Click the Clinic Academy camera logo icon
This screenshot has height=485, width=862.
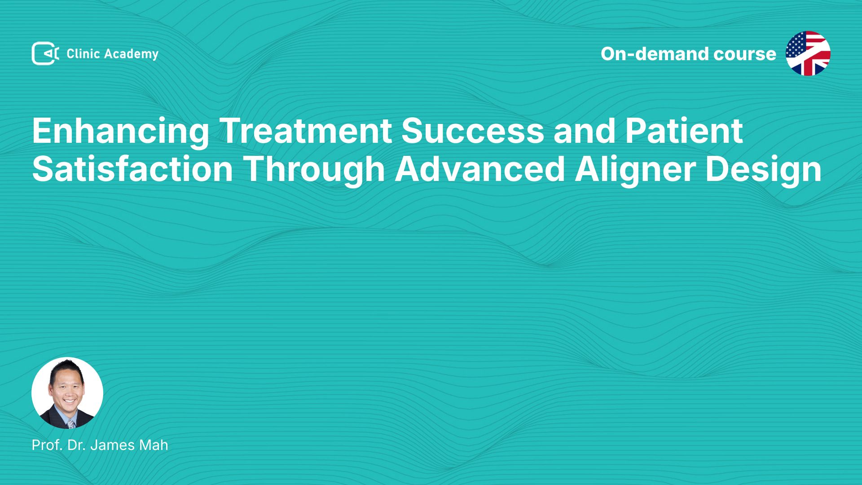point(45,53)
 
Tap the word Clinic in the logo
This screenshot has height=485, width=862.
point(83,54)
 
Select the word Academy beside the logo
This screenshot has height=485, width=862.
point(132,54)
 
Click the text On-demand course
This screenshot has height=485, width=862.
point(688,54)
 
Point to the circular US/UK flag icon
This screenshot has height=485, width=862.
point(808,53)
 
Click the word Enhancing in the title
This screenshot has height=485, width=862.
point(120,131)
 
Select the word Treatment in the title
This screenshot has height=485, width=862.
point(306,131)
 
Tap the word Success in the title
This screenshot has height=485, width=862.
point(473,131)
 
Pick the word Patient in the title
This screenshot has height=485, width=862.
point(684,131)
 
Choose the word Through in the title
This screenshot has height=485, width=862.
point(314,170)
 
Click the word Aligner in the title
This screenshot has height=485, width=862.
point(635,170)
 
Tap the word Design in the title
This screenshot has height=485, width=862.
point(764,170)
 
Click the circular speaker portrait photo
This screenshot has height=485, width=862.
point(67,393)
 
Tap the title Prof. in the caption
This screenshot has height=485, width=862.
point(47,445)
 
